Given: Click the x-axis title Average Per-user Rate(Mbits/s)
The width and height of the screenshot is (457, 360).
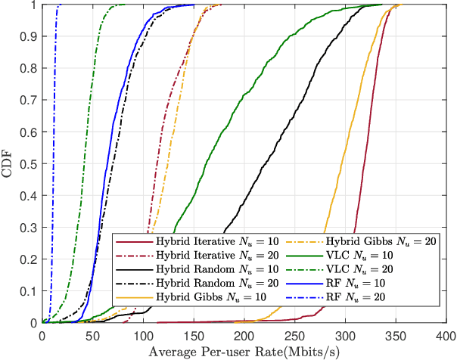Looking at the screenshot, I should pyautogui.click(x=244, y=351).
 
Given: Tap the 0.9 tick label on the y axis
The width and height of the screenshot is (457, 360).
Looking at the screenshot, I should pyautogui.click(x=29, y=36).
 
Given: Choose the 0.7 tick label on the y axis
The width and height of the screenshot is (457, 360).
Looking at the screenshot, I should pyautogui.click(x=29, y=100).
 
